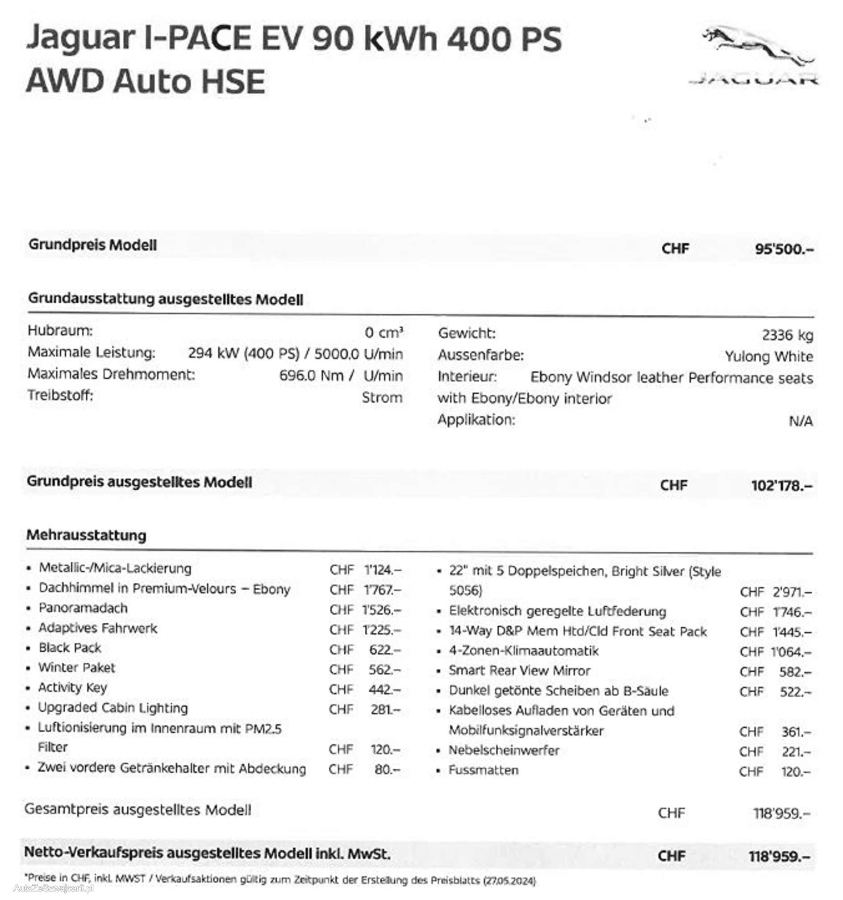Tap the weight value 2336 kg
pyautogui.click(x=787, y=335)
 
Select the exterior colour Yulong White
pyautogui.click(x=768, y=356)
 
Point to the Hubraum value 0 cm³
pyautogui.click(x=384, y=333)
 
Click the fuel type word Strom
pyautogui.click(x=382, y=397)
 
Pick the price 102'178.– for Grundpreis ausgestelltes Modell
pyautogui.click(x=782, y=486)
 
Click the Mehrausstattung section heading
pyautogui.click(x=87, y=535)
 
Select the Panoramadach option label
pyautogui.click(x=83, y=608)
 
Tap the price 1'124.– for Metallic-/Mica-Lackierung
pyautogui.click(x=383, y=570)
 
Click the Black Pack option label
pyautogui.click(x=70, y=648)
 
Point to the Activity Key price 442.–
pyautogui.click(x=384, y=689)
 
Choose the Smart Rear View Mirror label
pyautogui.click(x=519, y=671)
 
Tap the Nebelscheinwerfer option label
pyautogui.click(x=504, y=750)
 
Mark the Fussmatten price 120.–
pyautogui.click(x=796, y=771)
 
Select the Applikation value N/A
pyautogui.click(x=801, y=421)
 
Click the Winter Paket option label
pyautogui.click(x=76, y=668)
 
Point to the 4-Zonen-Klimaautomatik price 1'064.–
pyautogui.click(x=791, y=652)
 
